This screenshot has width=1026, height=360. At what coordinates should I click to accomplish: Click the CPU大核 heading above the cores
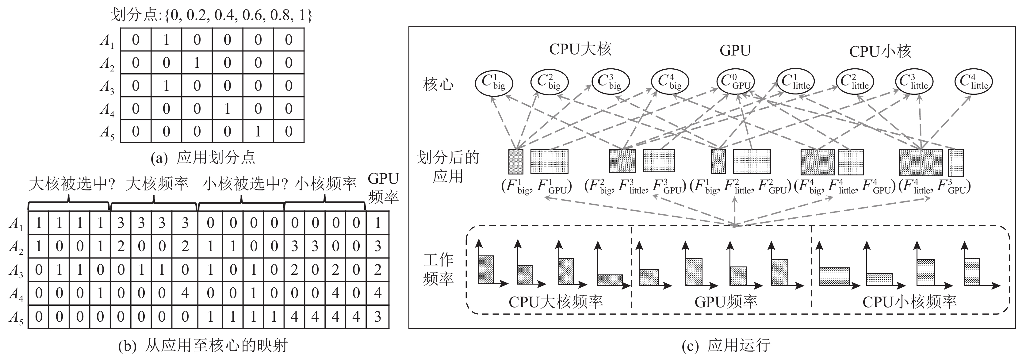(580, 49)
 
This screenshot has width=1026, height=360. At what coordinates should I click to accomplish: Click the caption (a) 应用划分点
(203, 158)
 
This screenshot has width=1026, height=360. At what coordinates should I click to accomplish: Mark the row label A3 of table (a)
(107, 86)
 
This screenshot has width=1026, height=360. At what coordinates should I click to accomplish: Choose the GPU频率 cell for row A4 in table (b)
(377, 293)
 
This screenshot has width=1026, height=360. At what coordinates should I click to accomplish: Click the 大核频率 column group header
(157, 184)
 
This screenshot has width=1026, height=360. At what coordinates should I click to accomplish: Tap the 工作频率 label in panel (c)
(438, 269)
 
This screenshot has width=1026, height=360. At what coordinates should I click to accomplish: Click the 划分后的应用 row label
(448, 167)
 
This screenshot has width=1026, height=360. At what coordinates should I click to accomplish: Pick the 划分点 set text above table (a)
(211, 15)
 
